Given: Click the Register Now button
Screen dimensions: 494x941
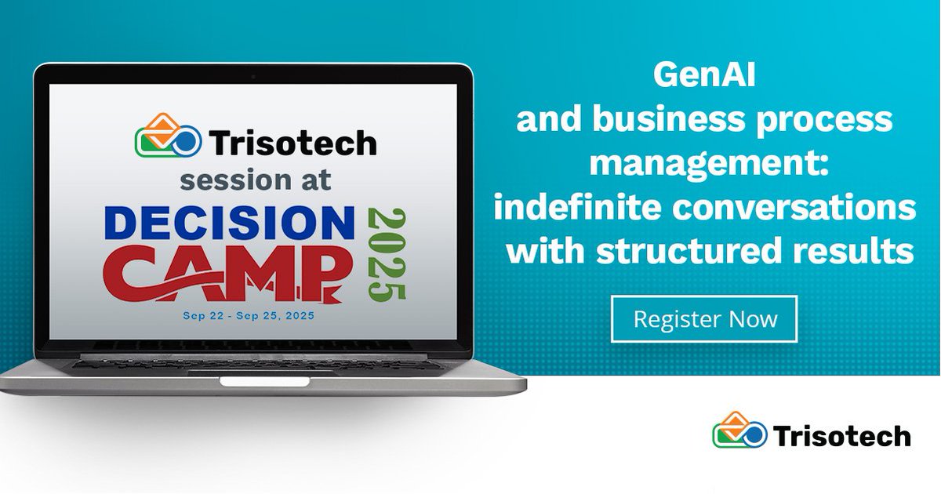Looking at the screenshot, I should click(704, 319).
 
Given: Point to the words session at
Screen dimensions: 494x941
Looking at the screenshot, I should click(256, 180).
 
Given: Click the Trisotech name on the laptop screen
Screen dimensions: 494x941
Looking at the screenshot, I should click(292, 143).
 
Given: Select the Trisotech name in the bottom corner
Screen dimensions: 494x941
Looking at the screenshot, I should click(841, 435).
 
